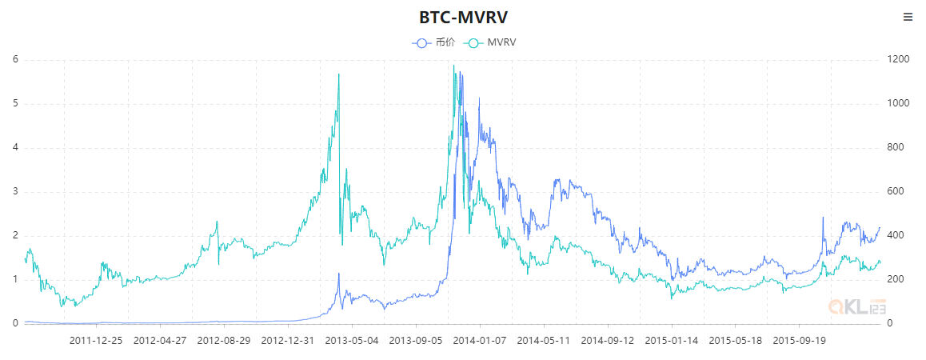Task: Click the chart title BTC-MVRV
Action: [462, 18]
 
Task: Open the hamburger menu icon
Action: [908, 17]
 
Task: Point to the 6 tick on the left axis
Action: [15, 59]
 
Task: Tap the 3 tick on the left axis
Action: [15, 191]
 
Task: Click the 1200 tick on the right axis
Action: [899, 59]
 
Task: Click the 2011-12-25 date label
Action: [96, 340]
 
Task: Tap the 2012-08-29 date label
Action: [224, 340]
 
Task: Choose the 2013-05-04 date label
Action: [352, 340]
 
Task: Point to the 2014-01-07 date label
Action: [480, 340]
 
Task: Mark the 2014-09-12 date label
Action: [608, 340]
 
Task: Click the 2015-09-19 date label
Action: [800, 340]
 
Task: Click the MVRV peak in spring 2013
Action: [339, 74]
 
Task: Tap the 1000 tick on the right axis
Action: [899, 103]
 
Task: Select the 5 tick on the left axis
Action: [15, 103]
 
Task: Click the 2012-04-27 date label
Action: [160, 340]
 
